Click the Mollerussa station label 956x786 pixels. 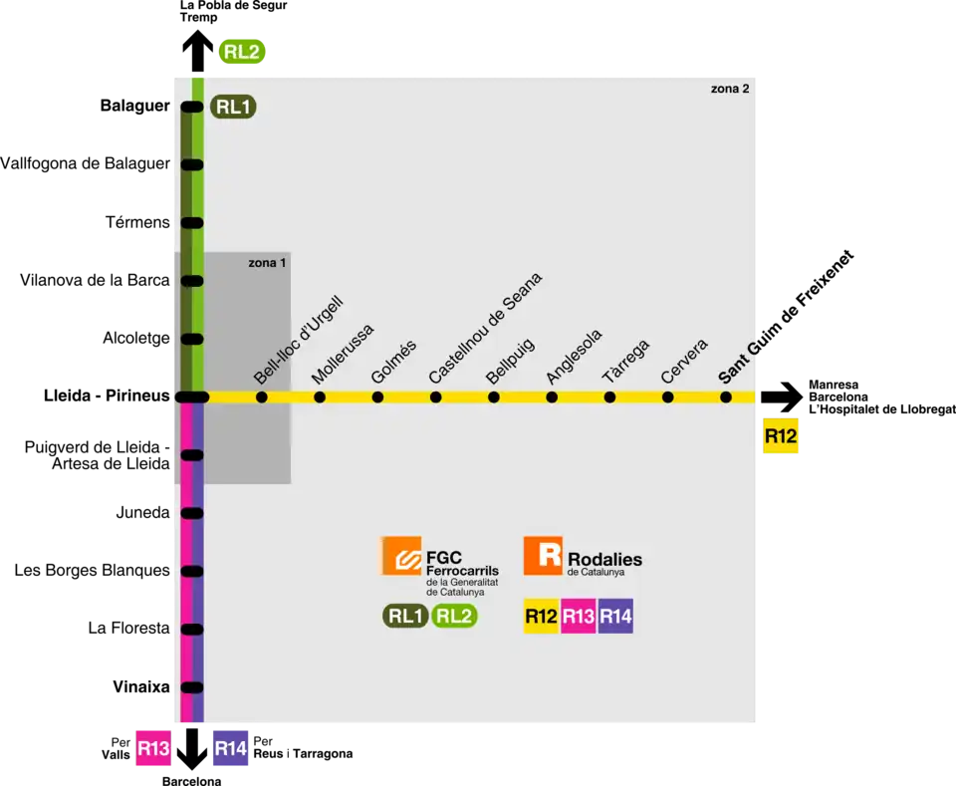coord(344,354)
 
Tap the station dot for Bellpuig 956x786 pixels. coord(494,397)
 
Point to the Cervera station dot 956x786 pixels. coord(668,397)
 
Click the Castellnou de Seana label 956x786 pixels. coord(486,329)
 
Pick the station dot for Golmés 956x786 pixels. coord(377,397)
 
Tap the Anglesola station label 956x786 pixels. coord(574,357)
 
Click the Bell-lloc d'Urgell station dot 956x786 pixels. coord(262,397)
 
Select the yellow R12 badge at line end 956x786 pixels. coord(781,435)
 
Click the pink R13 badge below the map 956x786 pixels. coord(153,749)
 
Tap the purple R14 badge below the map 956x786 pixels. coord(230,749)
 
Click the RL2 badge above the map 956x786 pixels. coord(242,52)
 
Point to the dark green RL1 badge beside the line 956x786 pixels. coord(233,107)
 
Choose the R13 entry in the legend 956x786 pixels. coord(579,617)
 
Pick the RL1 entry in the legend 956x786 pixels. coord(406,617)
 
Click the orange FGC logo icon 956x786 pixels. coord(400,555)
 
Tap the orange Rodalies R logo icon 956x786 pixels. coord(543,555)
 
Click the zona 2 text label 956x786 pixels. coord(729,89)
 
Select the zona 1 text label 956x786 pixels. coord(267,263)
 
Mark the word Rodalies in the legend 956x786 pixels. coord(604,559)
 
